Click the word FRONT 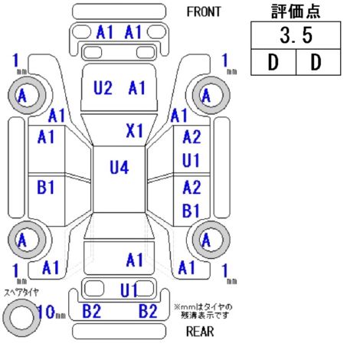point(204,11)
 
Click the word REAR point(200,332)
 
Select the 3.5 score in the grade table point(296,35)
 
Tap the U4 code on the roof point(119,168)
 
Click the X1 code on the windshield point(135,131)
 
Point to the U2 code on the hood point(103,87)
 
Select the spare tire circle point(21,318)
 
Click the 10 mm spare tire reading point(51,312)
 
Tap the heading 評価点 point(296,11)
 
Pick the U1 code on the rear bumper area point(129,290)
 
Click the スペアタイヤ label point(21,293)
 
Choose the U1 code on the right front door point(191,160)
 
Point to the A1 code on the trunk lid point(135,260)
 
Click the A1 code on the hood point(137,87)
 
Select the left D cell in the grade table point(273,62)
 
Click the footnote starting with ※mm point(203,311)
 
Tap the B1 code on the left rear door point(46,187)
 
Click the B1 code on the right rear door point(191,211)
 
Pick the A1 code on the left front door point(46,136)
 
